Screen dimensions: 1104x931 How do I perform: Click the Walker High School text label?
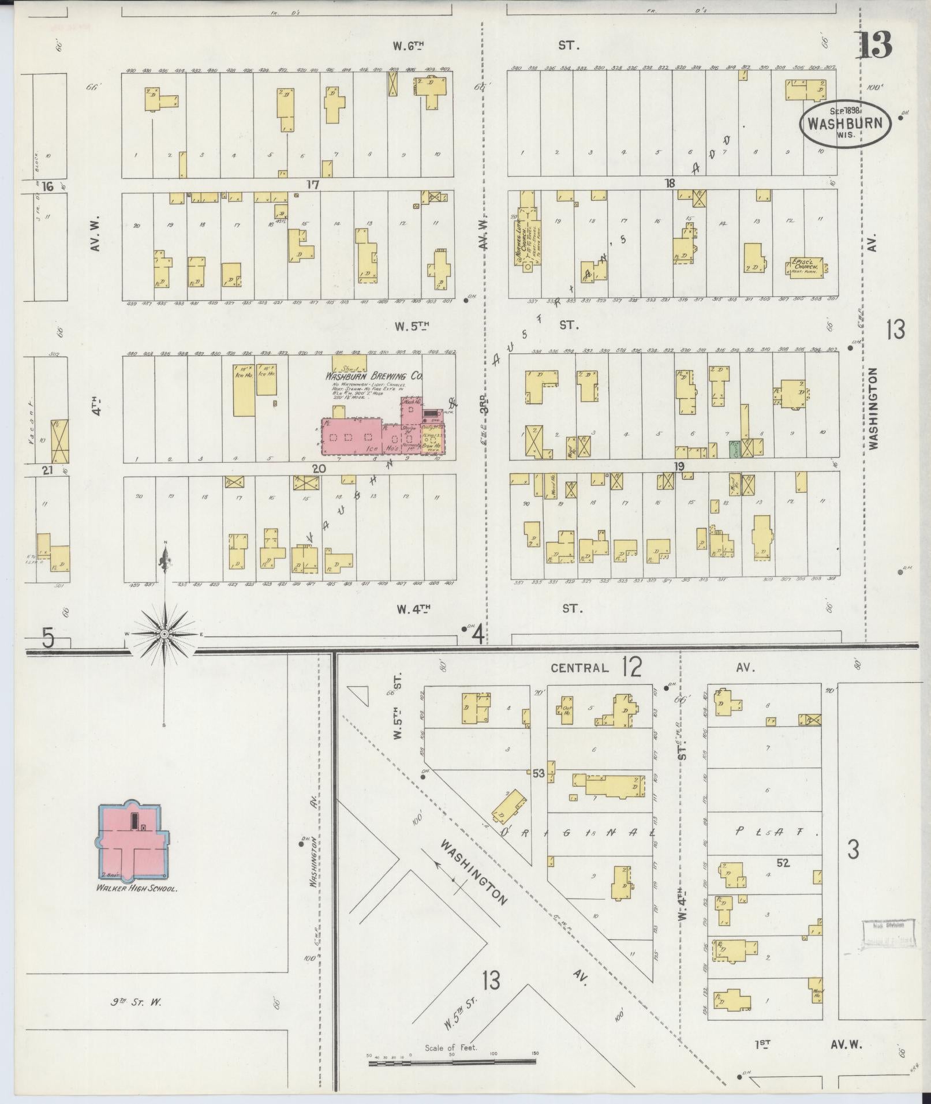pyautogui.click(x=136, y=889)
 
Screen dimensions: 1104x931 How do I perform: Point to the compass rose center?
pyautogui.click(x=165, y=634)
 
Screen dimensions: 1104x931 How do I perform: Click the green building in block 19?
pyautogui.click(x=735, y=450)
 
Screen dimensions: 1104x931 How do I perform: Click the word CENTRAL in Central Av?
pyautogui.click(x=579, y=668)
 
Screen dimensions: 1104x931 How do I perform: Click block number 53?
pyautogui.click(x=538, y=774)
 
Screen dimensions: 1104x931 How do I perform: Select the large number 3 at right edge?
pyautogui.click(x=853, y=850)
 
